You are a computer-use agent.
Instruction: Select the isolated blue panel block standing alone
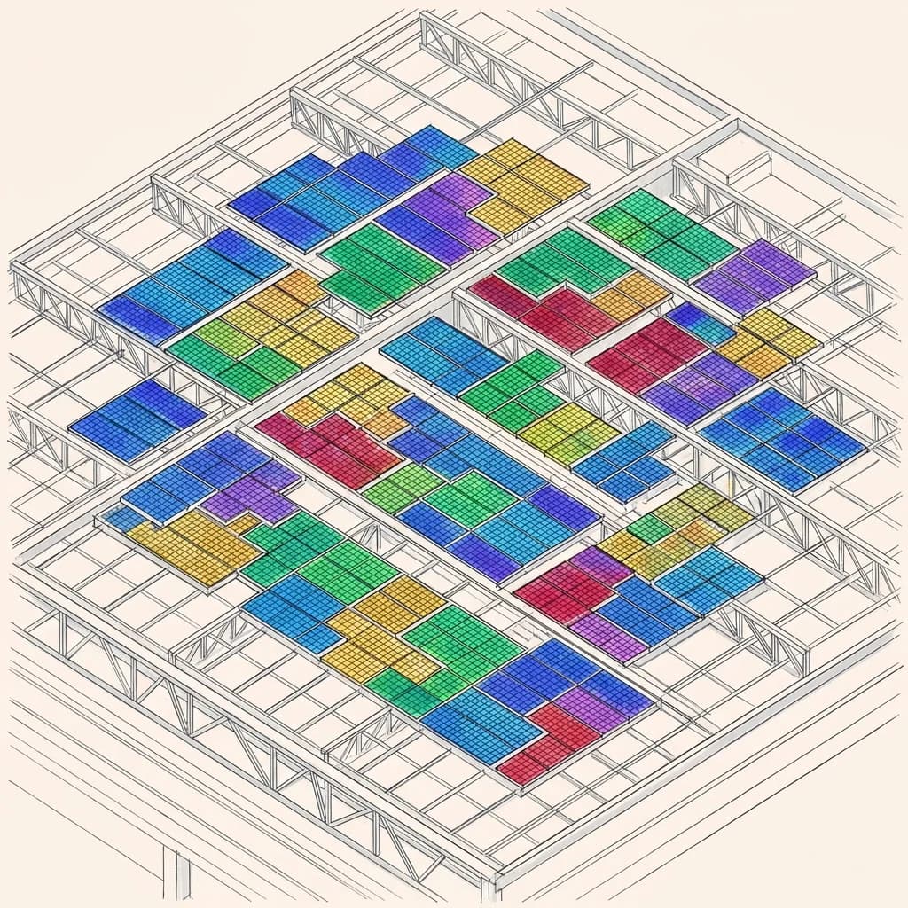[138, 419]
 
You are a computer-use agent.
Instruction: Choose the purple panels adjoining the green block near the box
[755, 270]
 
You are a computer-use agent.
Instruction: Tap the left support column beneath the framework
[175, 873]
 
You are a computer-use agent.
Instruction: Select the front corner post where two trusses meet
[489, 873]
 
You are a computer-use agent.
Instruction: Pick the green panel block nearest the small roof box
[661, 226]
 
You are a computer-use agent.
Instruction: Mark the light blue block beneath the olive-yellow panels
[709, 576]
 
